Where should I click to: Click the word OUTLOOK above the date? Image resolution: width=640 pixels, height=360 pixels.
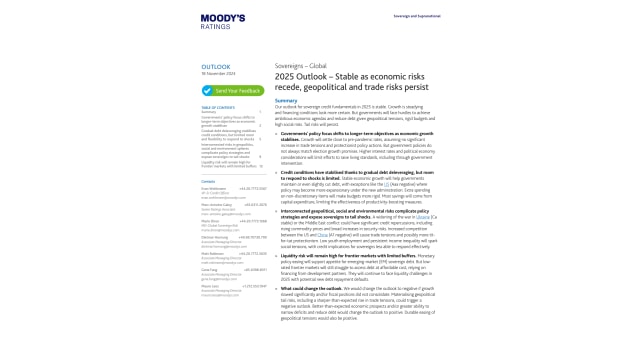coord(215,67)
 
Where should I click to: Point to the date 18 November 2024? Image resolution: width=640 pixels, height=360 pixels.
coord(217,74)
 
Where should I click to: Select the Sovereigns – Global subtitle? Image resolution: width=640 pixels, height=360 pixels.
coord(299,65)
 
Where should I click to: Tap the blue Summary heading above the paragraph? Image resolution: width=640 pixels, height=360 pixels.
coord(285,100)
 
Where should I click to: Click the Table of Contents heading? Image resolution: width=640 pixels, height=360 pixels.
coord(218,107)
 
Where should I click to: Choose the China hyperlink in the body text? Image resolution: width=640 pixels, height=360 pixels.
coord(322,235)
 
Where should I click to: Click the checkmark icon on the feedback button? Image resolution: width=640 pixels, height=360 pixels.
coord(207,91)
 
